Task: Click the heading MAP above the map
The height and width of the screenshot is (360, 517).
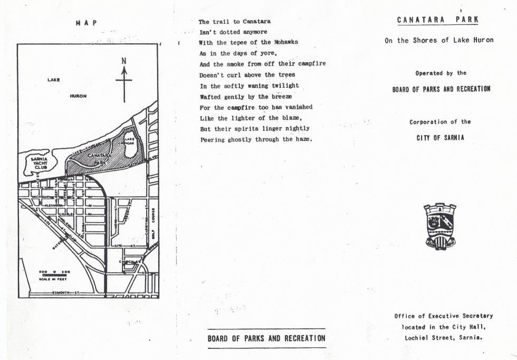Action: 87,23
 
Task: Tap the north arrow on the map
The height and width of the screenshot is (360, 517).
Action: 125,79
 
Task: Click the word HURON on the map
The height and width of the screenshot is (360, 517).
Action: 78,97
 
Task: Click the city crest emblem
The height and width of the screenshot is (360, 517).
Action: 439,226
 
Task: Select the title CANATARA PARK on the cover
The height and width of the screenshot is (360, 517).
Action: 438,20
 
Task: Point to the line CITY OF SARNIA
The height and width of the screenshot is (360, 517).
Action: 440,138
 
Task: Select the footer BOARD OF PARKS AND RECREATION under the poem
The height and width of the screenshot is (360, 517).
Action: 266,338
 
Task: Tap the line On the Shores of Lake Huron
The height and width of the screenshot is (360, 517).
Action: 439,41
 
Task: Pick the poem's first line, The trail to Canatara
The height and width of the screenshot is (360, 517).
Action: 235,22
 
